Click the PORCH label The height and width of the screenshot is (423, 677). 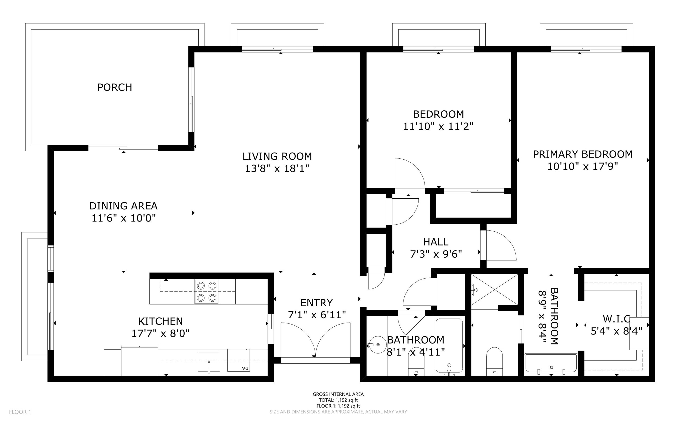tap(115, 87)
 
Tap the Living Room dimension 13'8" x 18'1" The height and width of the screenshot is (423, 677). tap(277, 169)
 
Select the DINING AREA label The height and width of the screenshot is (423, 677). tap(123, 206)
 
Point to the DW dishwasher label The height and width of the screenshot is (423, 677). tap(245, 368)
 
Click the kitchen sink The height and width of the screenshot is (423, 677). tap(209, 362)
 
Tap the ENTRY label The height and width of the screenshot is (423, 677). tap(317, 303)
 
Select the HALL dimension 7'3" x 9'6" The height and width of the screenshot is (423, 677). tap(436, 254)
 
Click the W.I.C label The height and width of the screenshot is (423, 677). tap(617, 319)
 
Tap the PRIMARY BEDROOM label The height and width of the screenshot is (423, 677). tap(582, 154)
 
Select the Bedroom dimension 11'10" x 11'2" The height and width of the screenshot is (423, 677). tap(438, 126)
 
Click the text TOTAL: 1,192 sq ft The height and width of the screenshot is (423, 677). tap(338, 400)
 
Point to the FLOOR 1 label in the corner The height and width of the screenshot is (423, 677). tap(20, 412)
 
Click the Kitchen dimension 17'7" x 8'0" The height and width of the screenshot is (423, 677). tap(160, 333)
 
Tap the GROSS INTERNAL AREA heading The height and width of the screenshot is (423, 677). tap(338, 394)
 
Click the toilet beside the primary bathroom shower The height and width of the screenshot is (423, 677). tap(494, 361)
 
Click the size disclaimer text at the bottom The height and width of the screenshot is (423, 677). tap(338, 412)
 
